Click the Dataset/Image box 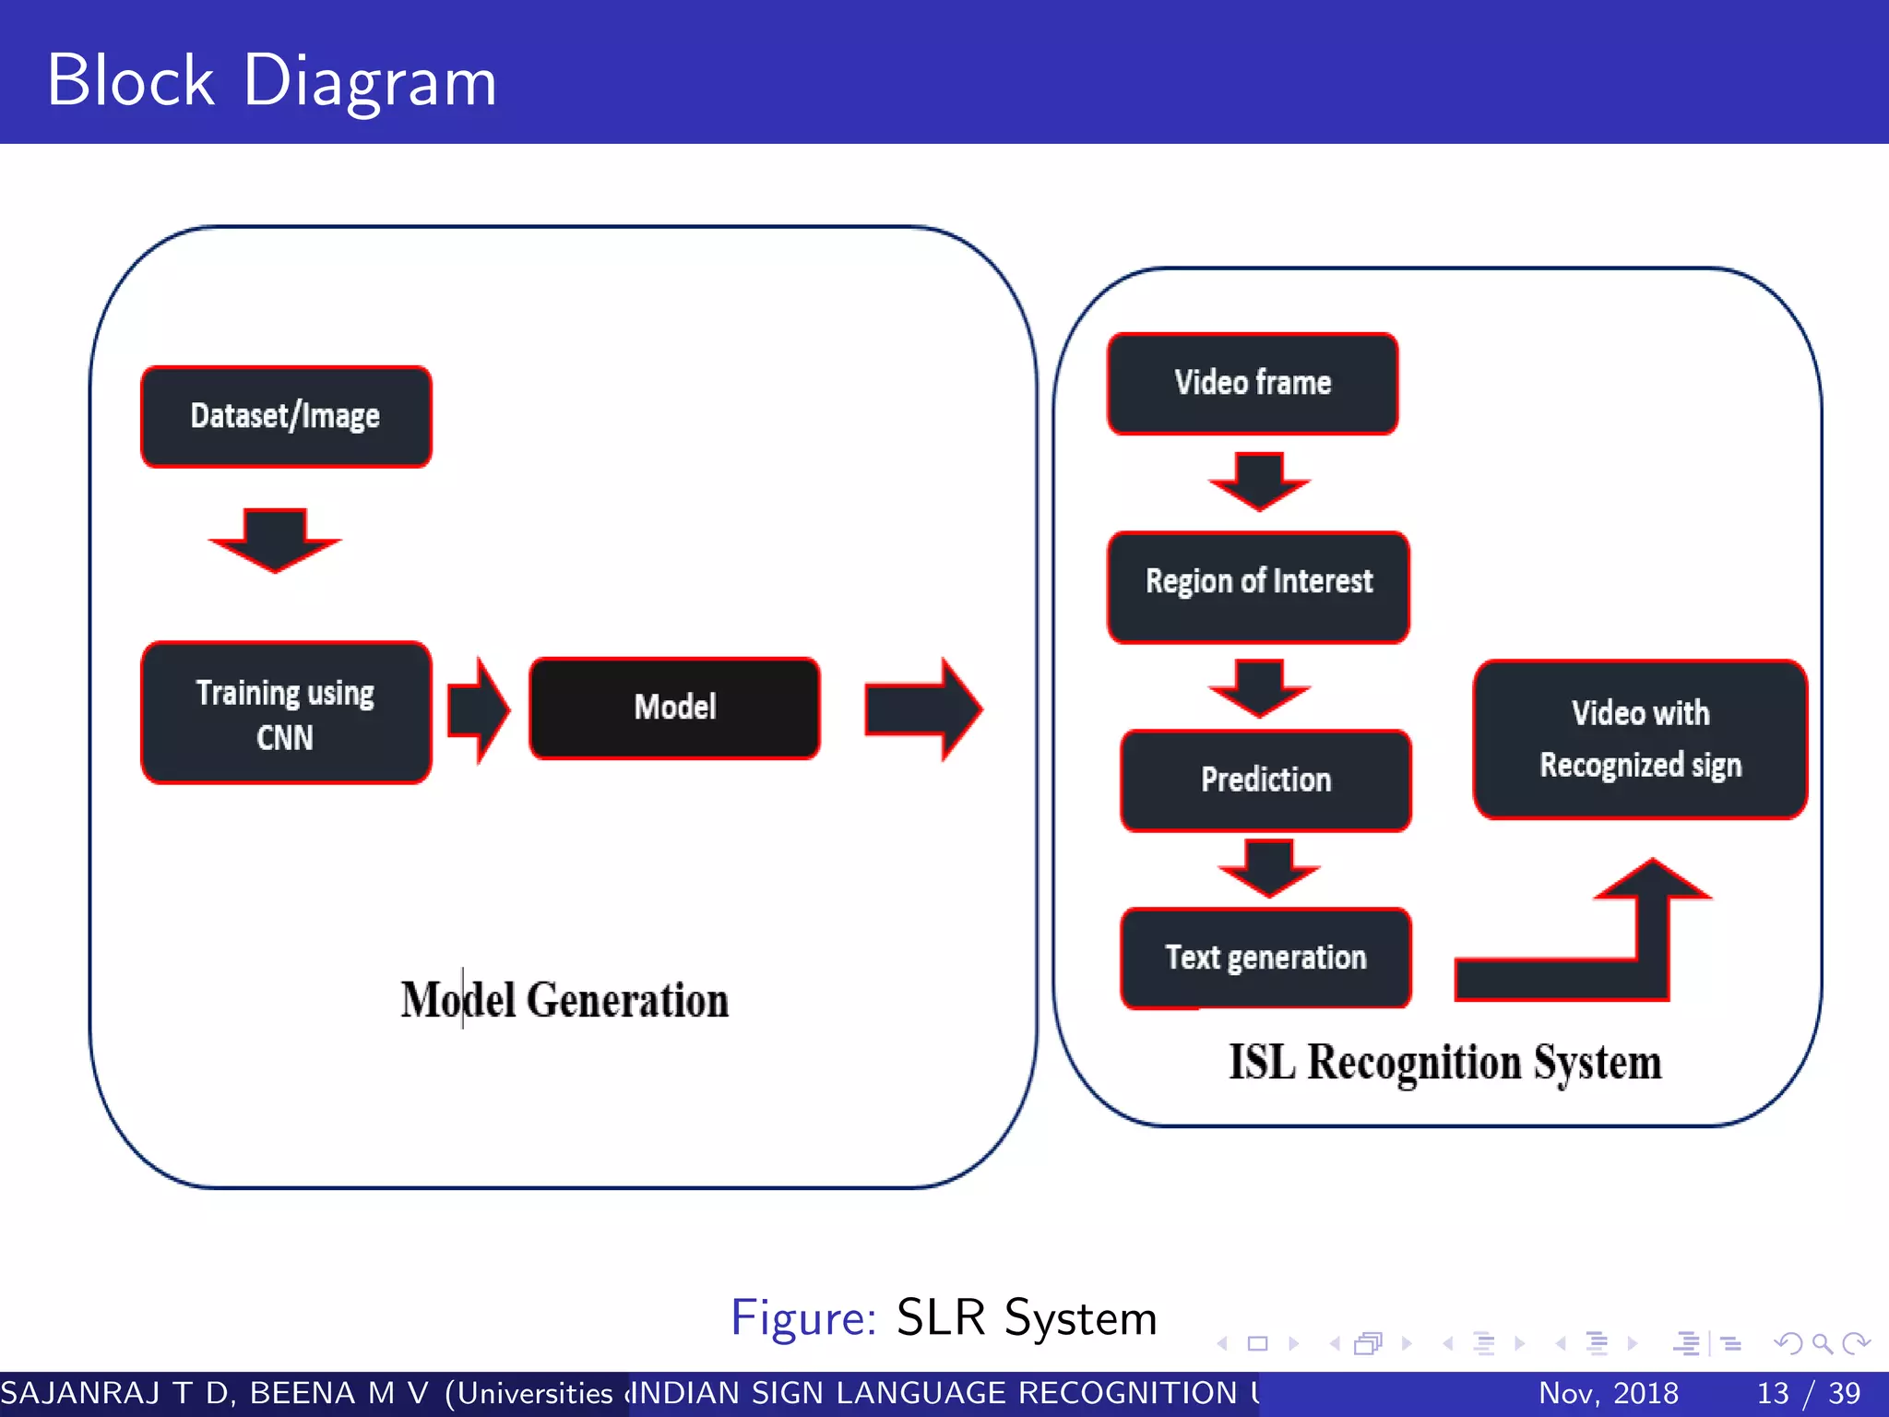286,417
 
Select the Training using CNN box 286,713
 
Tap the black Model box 674,708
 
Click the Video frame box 1253,383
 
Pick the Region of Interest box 1258,587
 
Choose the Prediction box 1265,780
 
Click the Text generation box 1265,958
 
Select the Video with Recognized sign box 1640,739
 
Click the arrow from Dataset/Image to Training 275,541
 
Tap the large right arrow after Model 922,709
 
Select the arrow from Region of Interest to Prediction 1259,687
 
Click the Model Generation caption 564,1001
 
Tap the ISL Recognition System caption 1444,1063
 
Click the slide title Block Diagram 272,81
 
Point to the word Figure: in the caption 802,1317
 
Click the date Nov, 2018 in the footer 1608,1393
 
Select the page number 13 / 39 1808,1393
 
